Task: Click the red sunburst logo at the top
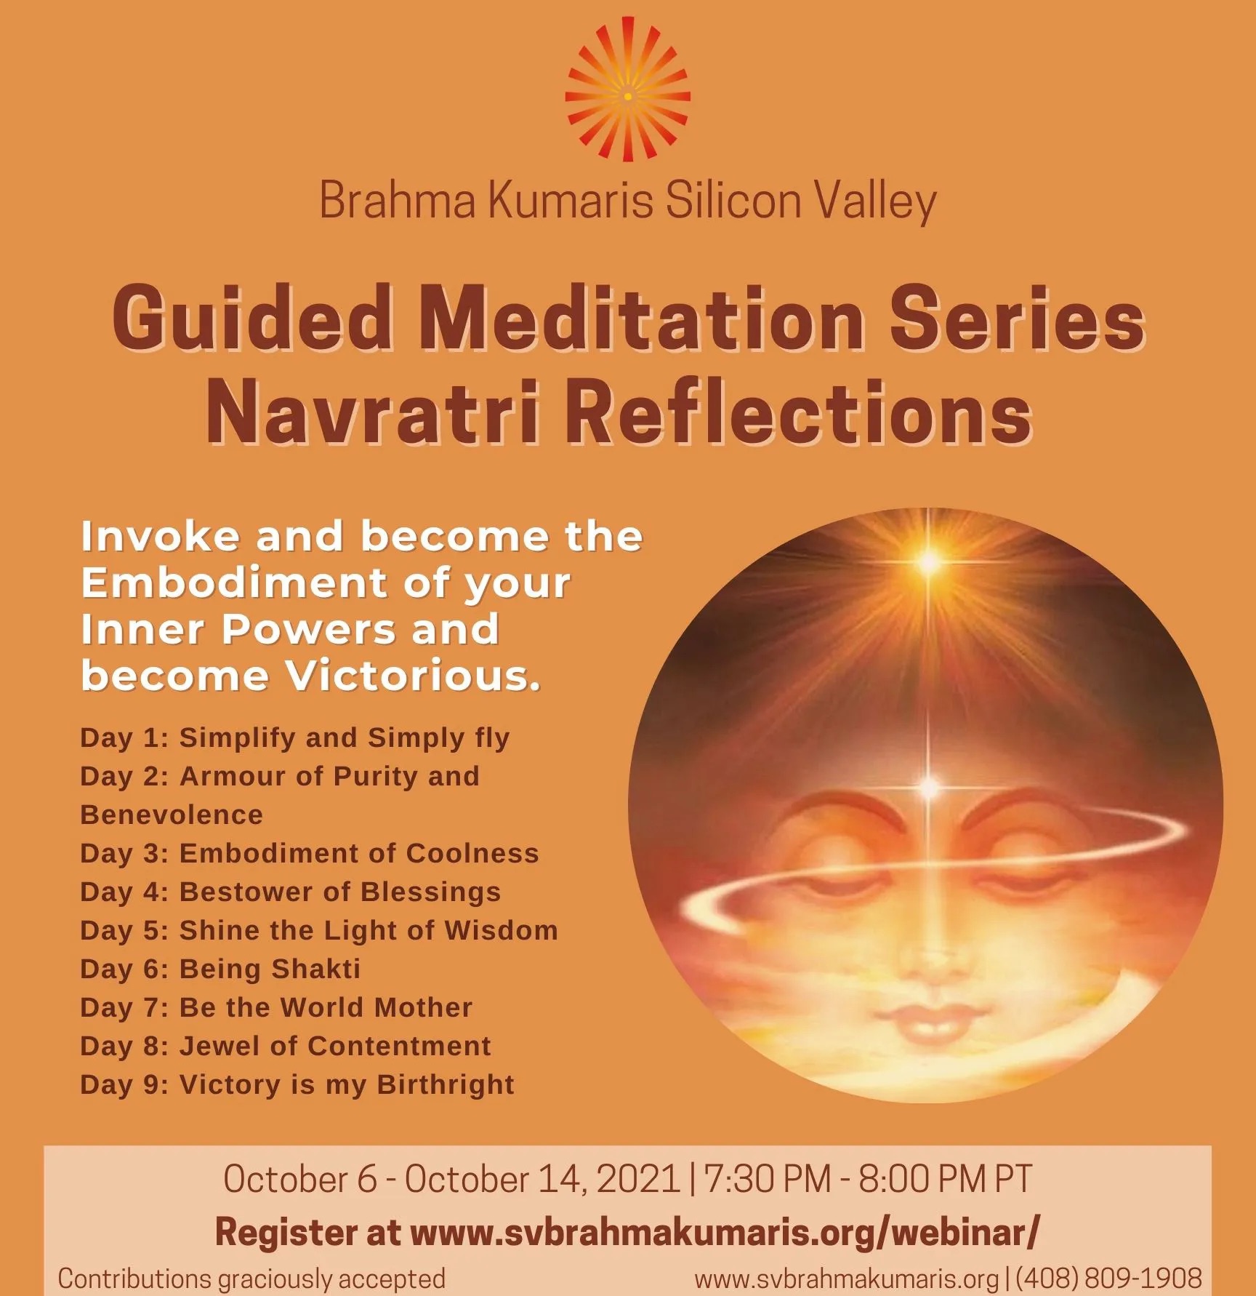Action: [x=627, y=95]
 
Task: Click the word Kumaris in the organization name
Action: [x=571, y=201]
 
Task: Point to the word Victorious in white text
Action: [x=413, y=676]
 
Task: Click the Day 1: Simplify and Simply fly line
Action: [x=295, y=737]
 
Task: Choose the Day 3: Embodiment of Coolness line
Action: [x=310, y=853]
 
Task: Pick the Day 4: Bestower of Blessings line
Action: [x=291, y=892]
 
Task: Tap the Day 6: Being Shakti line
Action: [x=220, y=969]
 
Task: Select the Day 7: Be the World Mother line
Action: [x=276, y=1007]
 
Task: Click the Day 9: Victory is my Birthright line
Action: [x=297, y=1084]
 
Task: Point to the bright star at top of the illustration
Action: [x=928, y=561]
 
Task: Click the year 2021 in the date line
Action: [x=637, y=1178]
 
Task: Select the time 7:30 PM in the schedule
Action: [x=768, y=1178]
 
